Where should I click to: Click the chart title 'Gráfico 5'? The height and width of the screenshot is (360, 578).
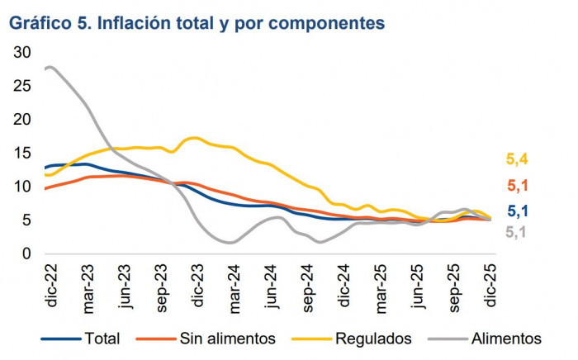[x=197, y=23]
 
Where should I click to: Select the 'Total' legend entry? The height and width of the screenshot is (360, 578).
[x=102, y=338]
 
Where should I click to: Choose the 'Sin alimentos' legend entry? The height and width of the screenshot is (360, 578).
[x=228, y=338]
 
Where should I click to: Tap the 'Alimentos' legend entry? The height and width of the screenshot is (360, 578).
[x=506, y=338]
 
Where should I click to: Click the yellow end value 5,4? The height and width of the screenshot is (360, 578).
[x=518, y=159]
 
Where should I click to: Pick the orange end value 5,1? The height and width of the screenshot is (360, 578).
[x=518, y=185]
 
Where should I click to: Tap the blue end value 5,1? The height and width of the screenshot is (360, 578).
[x=518, y=211]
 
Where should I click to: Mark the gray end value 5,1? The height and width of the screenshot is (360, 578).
[x=518, y=233]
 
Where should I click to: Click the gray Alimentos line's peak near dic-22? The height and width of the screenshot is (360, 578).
[x=51, y=67]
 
